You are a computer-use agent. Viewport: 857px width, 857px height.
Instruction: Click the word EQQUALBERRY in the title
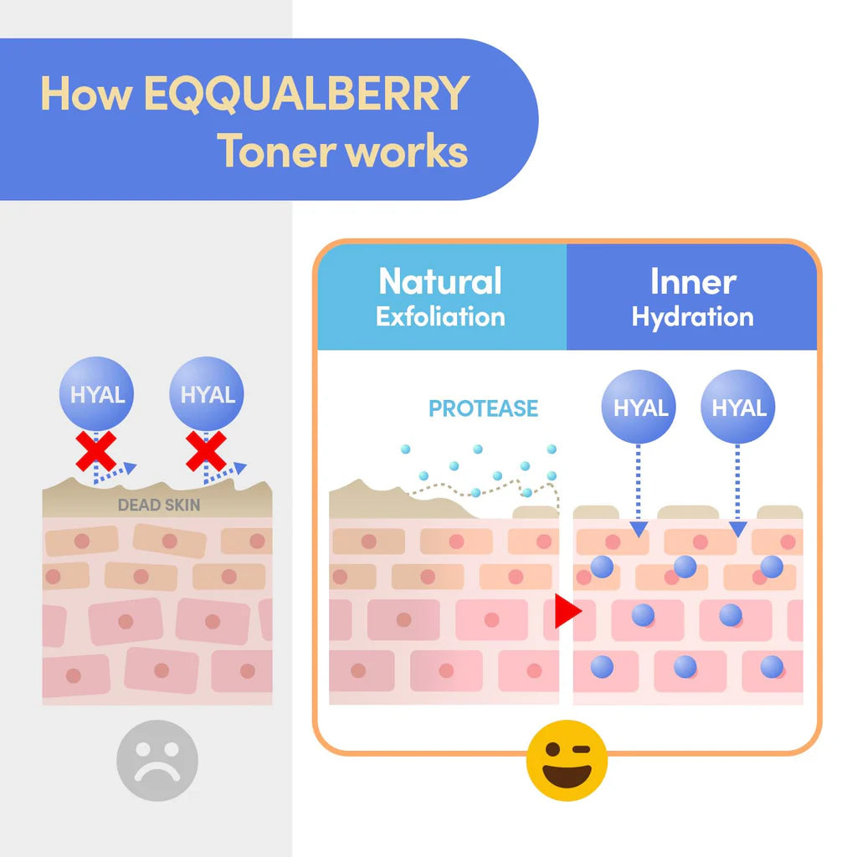click(306, 94)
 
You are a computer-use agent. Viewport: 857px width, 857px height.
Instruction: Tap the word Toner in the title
click(277, 151)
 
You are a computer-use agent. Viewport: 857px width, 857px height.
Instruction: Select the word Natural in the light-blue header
click(440, 281)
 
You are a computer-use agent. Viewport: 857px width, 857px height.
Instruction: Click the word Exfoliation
click(440, 317)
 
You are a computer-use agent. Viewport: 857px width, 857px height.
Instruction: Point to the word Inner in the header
click(693, 282)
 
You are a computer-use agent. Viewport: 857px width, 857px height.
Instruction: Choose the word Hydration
click(692, 317)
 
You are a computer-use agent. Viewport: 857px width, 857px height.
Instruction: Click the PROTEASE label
click(483, 408)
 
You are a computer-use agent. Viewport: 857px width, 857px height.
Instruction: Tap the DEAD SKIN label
click(159, 505)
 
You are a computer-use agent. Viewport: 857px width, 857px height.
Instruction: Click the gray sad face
click(157, 760)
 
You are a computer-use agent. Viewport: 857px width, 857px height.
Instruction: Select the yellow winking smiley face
click(567, 760)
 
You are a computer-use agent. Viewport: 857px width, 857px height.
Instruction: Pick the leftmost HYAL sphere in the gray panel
click(97, 393)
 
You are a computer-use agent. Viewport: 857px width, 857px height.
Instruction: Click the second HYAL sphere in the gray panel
click(207, 393)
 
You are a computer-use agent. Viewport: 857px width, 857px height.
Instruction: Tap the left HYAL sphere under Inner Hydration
click(639, 408)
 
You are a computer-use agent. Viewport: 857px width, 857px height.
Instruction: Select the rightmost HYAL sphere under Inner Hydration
click(738, 408)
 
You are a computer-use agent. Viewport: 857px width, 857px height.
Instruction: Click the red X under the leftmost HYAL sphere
click(95, 451)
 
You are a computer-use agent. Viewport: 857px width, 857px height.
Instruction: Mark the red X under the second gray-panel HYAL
click(206, 451)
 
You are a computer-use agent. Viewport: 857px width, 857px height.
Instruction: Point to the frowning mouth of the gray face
click(157, 772)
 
